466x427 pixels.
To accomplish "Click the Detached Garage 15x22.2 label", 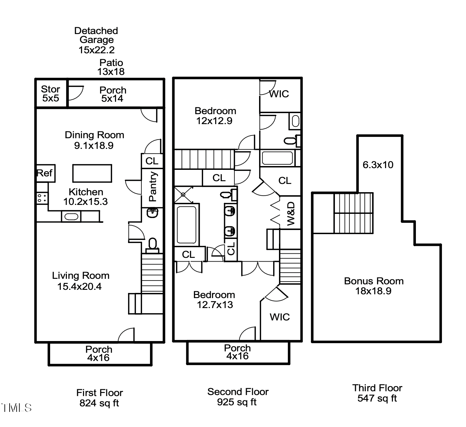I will (96, 40).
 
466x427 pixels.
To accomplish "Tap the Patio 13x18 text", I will (111, 67).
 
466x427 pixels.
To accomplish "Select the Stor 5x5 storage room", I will (51, 94).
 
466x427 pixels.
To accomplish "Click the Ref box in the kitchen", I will (45, 173).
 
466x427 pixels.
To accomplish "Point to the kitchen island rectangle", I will (92, 173).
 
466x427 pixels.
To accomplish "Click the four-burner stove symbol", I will (42, 198).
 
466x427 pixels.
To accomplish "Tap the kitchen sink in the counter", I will (71, 217).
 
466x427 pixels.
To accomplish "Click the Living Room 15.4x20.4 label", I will (80, 281).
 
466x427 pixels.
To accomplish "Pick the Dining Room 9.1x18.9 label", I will (94, 140).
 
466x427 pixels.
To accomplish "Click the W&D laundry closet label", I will (291, 213).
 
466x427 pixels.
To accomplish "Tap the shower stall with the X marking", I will (183, 195).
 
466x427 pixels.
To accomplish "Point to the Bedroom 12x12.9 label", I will (215, 116).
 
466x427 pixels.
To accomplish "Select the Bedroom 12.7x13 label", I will (214, 299).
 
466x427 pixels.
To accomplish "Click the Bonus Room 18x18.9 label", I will (373, 286).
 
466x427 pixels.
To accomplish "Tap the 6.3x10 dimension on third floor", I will (378, 165).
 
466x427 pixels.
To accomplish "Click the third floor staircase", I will (353, 213).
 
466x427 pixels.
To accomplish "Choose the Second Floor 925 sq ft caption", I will (237, 397).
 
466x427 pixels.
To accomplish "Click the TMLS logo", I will (16, 408).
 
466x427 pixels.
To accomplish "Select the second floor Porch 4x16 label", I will (237, 352).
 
